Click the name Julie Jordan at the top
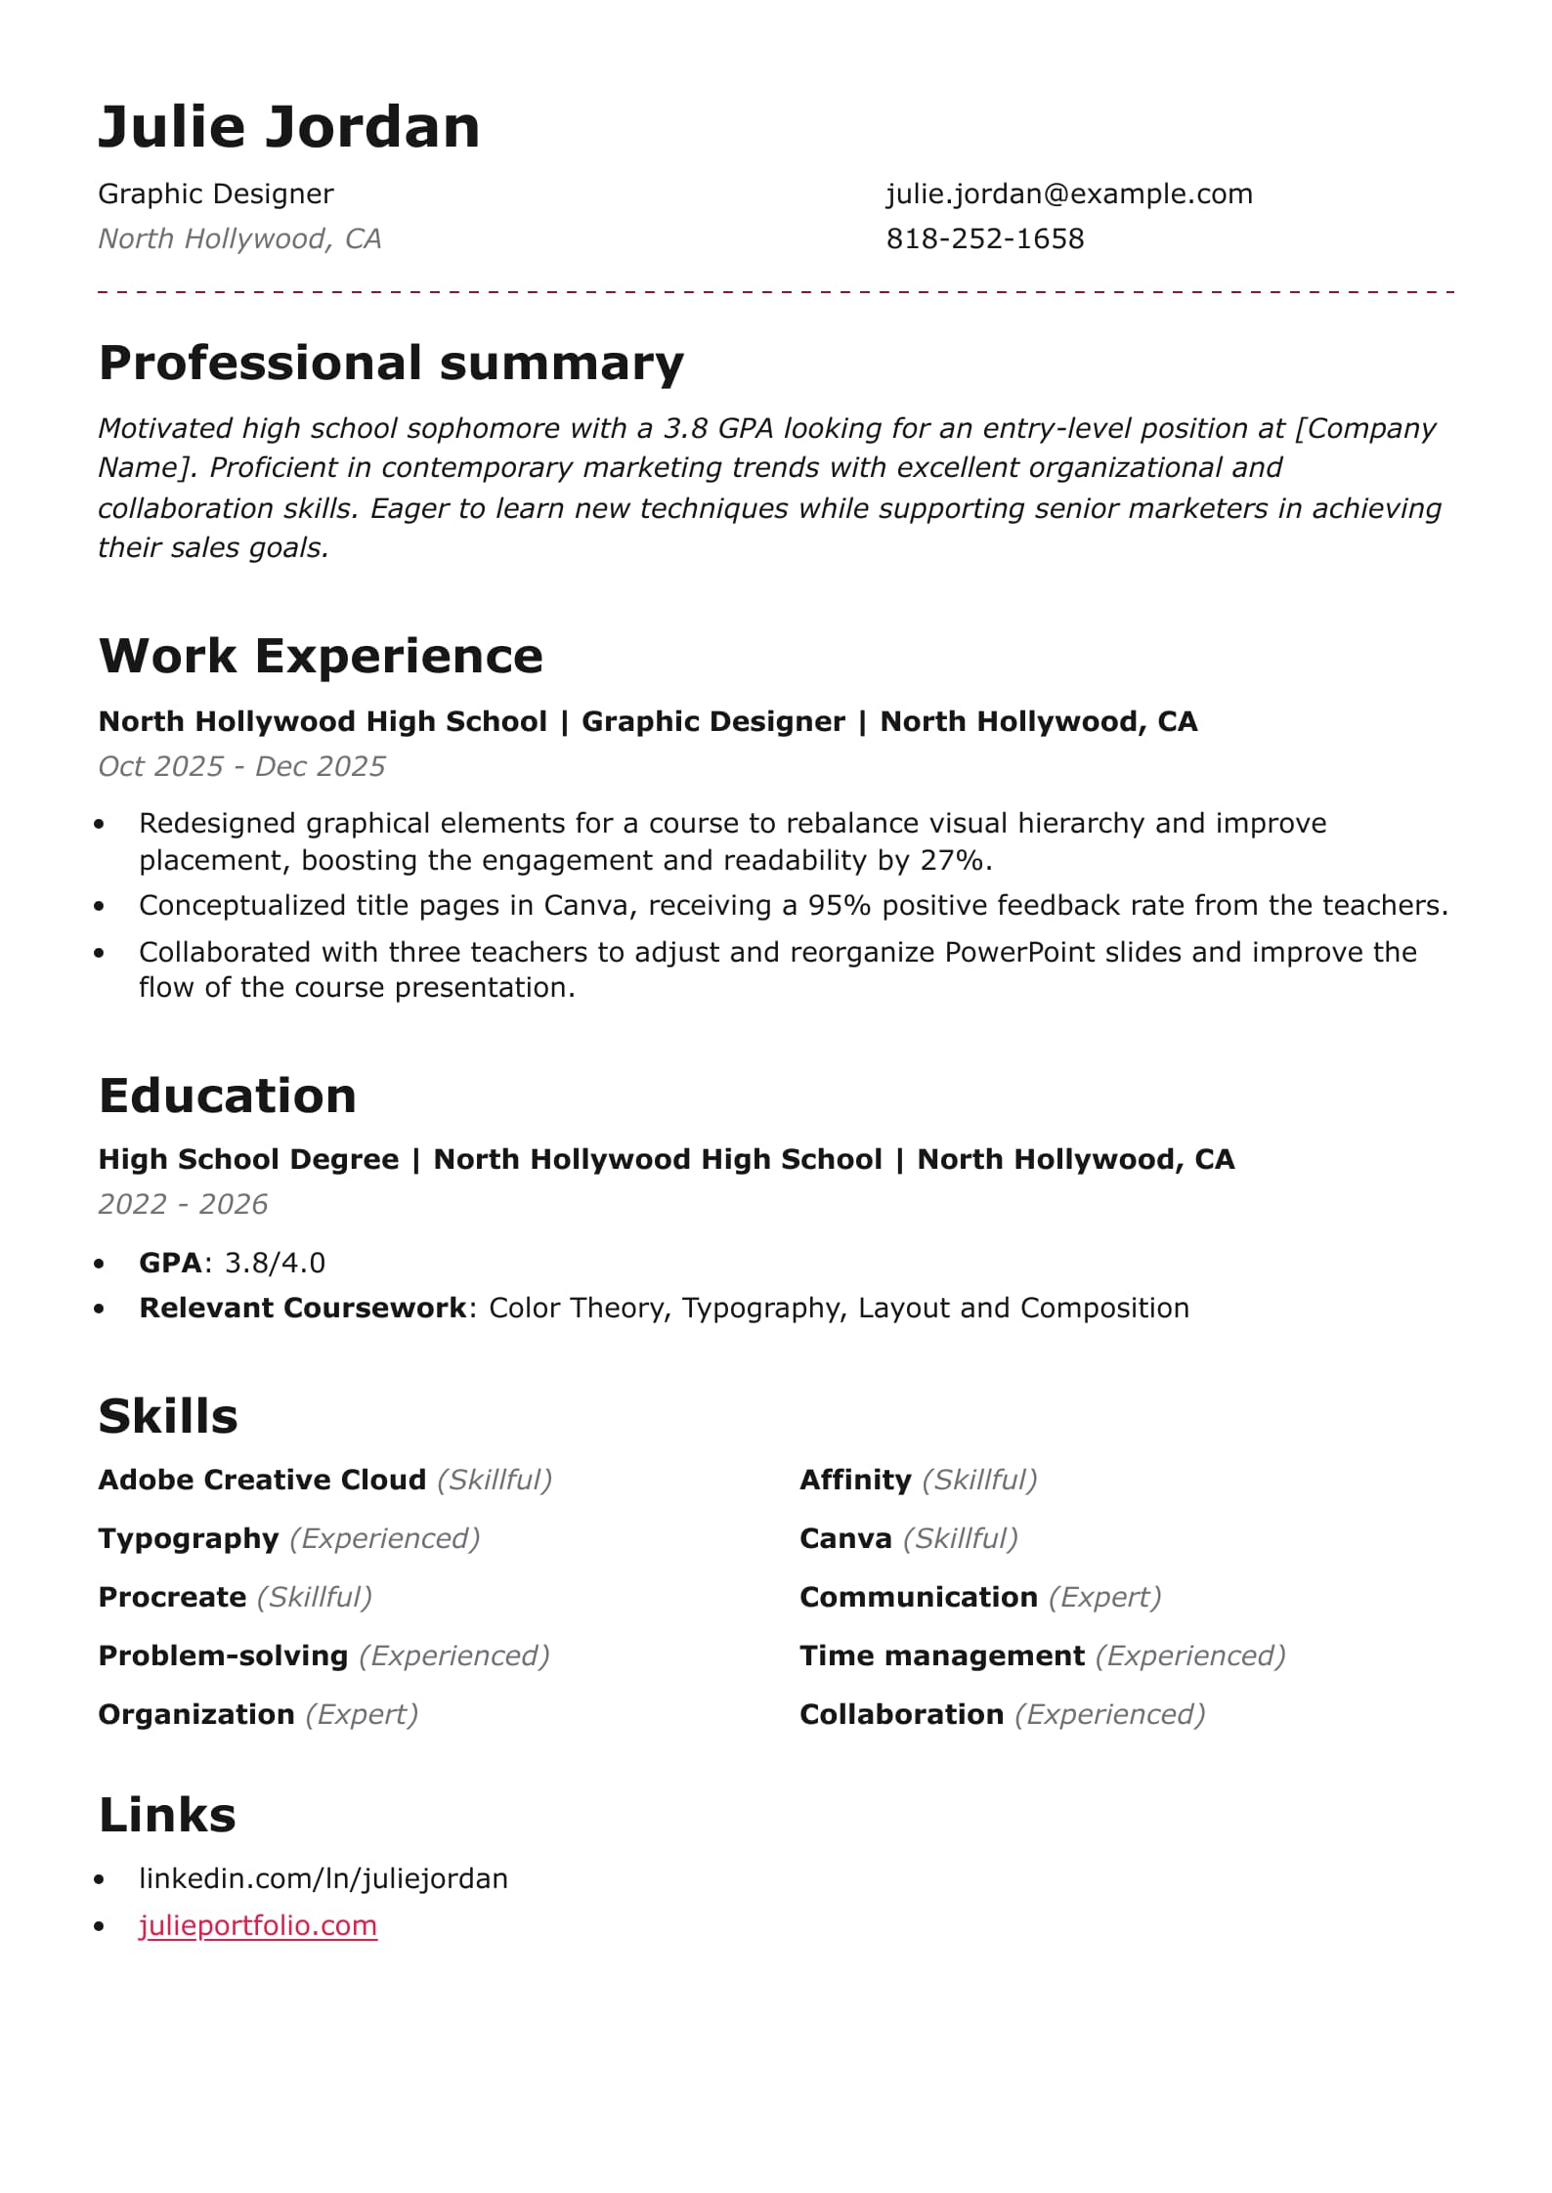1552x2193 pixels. pos(289,127)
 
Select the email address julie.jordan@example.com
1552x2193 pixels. pos(1069,194)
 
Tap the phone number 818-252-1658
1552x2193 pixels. pos(985,239)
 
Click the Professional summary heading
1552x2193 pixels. pos(391,364)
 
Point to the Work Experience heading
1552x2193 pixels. pos(321,656)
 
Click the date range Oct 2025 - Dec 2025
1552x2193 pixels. pos(241,767)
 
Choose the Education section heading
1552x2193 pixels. pos(228,1096)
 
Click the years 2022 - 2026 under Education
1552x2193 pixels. pos(183,1205)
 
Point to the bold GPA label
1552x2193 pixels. pos(170,1264)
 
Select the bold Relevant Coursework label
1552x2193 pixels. pos(303,1309)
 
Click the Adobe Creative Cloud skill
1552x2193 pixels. pos(262,1481)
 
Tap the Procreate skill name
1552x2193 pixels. pos(172,1598)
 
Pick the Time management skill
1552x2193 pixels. pos(942,1656)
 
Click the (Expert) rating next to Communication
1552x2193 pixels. pos(1104,1598)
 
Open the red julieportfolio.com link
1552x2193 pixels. pos(258,1926)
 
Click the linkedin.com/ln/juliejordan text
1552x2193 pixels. pos(323,1879)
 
